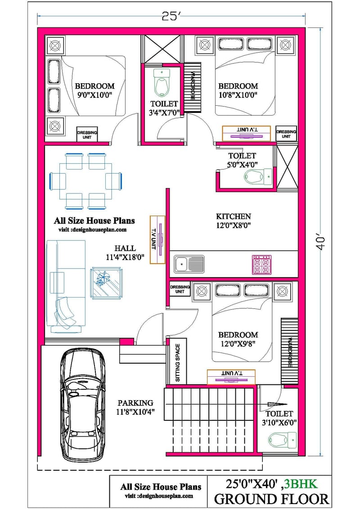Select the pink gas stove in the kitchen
click(x=262, y=265)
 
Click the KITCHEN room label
click(x=233, y=216)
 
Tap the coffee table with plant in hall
click(x=105, y=282)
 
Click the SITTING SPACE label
click(x=177, y=363)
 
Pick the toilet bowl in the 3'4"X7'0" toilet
click(x=160, y=83)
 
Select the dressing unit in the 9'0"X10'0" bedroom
click(x=86, y=135)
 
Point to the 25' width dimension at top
click(x=171, y=17)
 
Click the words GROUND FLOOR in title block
click(x=271, y=499)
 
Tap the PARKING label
click(x=135, y=403)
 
